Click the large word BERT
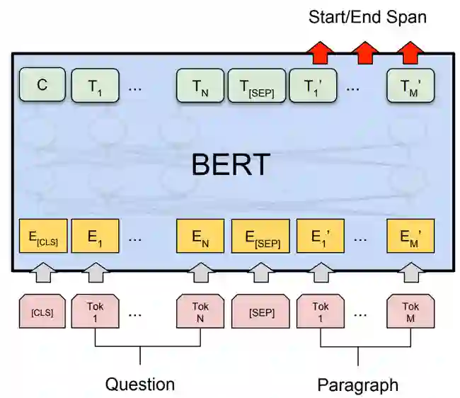(x=231, y=165)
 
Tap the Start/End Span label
(x=367, y=17)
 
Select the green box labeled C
(x=42, y=86)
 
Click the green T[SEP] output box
(x=256, y=86)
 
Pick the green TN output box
(x=200, y=86)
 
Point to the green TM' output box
(x=410, y=86)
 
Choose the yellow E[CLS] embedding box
(x=42, y=237)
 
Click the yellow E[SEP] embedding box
(x=261, y=237)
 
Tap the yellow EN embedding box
(x=200, y=237)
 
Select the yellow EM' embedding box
(x=410, y=237)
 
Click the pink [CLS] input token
(x=42, y=311)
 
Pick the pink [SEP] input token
(x=261, y=311)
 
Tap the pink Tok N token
(x=200, y=311)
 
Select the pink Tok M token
(x=410, y=311)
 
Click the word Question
(x=140, y=385)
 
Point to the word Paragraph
(x=357, y=385)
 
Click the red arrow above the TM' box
(x=410, y=52)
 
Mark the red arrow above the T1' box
(x=320, y=52)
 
